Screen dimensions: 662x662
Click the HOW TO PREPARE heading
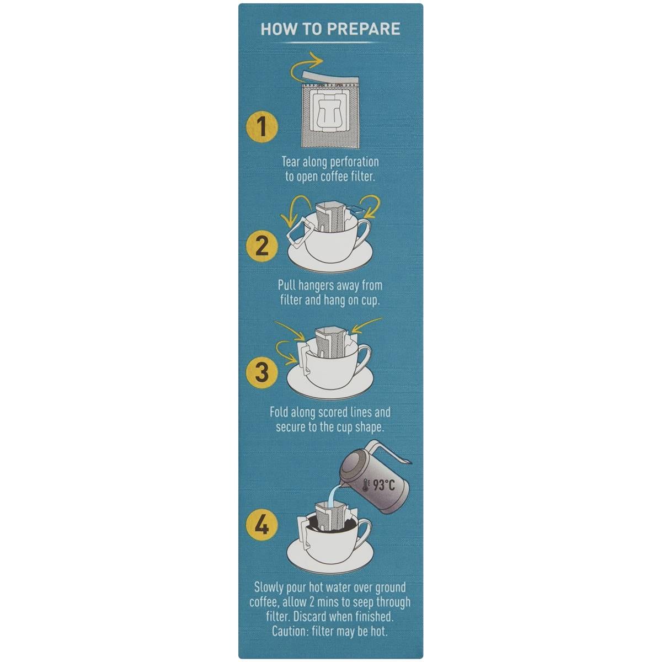click(330, 29)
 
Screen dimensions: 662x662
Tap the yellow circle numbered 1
click(262, 127)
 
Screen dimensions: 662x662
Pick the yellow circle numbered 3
click(262, 371)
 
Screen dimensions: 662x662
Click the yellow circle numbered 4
click(262, 525)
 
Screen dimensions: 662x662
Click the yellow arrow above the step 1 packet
click(309, 63)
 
